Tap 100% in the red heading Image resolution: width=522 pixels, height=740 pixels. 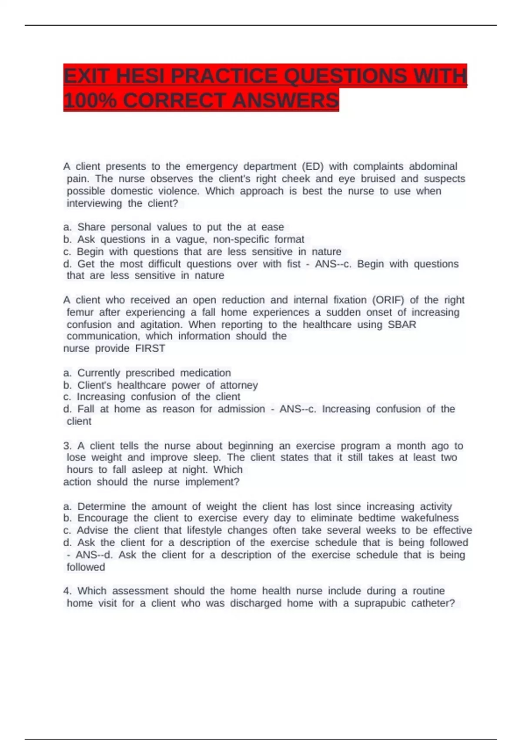90,101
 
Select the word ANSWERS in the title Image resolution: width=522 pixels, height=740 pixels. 285,101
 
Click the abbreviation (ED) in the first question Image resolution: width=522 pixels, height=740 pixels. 313,167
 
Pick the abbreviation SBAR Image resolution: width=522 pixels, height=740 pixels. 402,325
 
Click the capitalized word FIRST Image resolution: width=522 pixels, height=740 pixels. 150,349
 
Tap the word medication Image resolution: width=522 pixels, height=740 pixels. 205,373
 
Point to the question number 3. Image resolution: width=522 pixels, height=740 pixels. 67,446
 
